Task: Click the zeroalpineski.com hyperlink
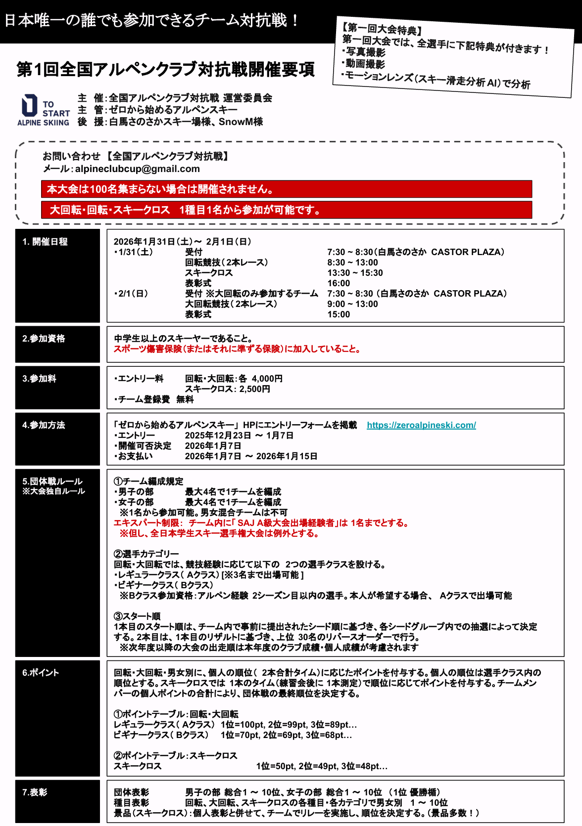point(421,425)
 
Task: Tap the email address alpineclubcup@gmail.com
point(138,169)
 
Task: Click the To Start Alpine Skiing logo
point(43,110)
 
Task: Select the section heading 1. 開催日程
point(45,242)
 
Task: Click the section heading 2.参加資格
point(44,339)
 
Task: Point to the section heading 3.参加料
point(39,379)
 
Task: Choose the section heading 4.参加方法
point(44,425)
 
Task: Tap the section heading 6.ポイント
point(41,673)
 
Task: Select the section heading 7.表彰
point(35,792)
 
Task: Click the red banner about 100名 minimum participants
point(286,189)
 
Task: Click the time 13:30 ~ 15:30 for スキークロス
point(355,273)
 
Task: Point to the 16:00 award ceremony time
point(339,283)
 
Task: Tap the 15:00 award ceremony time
point(339,314)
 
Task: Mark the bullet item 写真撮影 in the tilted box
point(364,52)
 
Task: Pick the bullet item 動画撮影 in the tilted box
point(364,64)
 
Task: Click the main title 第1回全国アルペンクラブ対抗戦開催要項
point(165,69)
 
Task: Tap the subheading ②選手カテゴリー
point(146,554)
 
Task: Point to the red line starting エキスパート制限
point(261,523)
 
